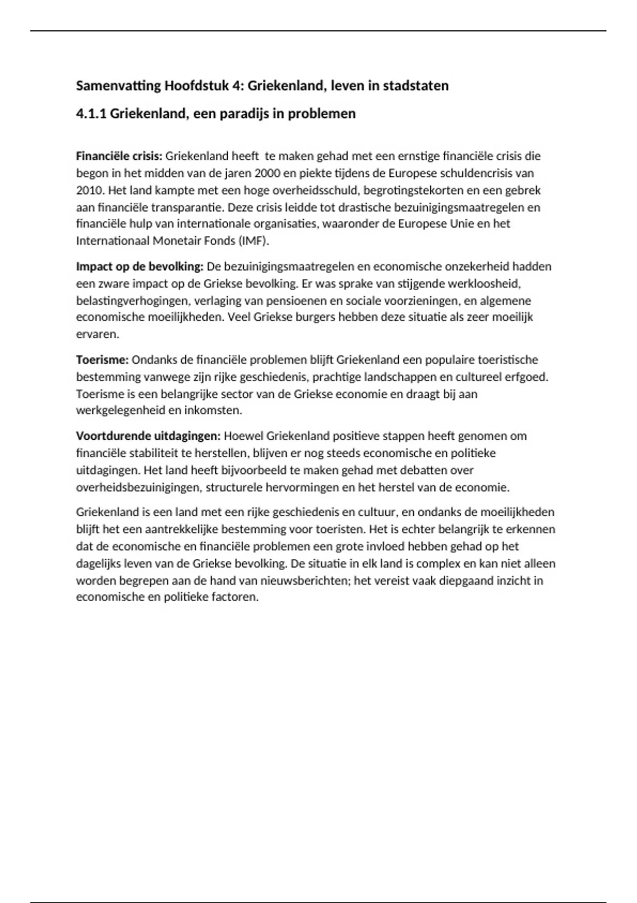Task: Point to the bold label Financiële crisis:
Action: [119, 156]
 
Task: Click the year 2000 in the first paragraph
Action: [267, 173]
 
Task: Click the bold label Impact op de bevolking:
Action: [140, 266]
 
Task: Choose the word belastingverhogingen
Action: [133, 301]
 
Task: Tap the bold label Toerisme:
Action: [102, 360]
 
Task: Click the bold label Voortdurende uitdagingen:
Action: [148, 436]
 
